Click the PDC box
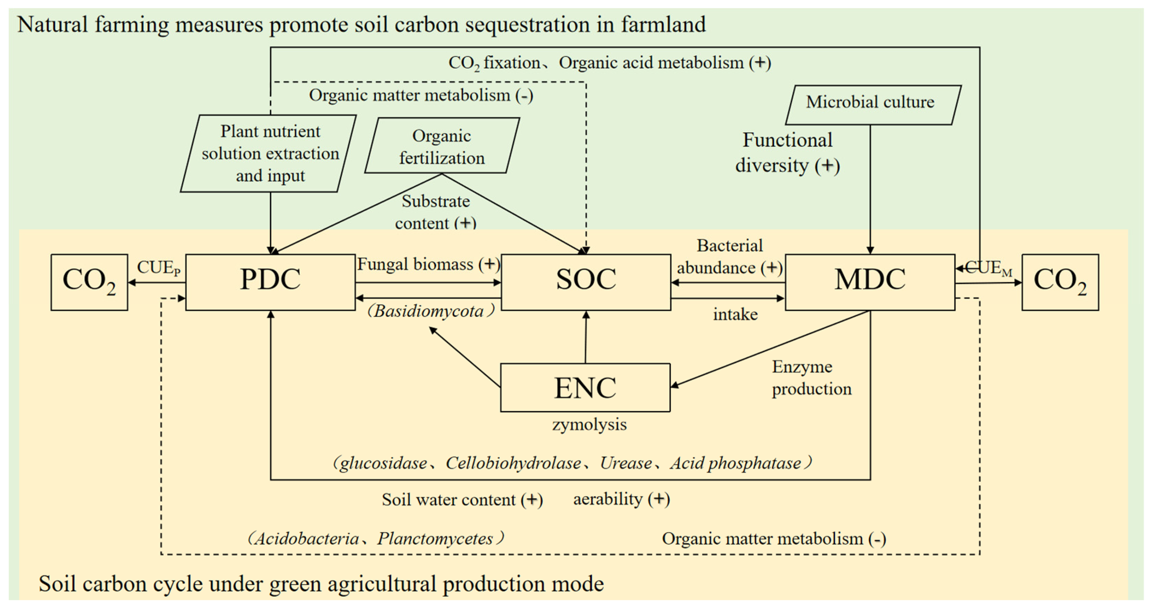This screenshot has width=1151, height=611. click(270, 282)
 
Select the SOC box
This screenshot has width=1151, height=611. click(586, 282)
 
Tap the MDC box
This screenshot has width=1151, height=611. click(869, 282)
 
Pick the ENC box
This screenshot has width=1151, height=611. click(585, 387)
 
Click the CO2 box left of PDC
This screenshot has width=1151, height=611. click(89, 282)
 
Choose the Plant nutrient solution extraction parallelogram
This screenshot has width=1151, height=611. click(269, 153)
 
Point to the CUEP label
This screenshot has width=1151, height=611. click(159, 268)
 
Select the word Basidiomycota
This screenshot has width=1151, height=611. click(428, 311)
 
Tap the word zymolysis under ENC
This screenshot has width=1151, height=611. click(589, 424)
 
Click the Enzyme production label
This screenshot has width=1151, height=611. click(811, 378)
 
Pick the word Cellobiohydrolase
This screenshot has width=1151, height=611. click(513, 463)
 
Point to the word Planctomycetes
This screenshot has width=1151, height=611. click(435, 538)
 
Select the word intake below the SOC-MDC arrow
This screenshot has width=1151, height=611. click(735, 315)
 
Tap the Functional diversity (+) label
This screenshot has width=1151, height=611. click(787, 153)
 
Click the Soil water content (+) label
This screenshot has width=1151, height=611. click(462, 500)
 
